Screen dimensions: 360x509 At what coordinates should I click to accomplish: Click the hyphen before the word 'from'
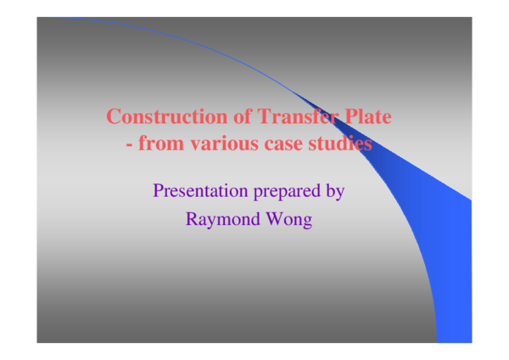(129, 144)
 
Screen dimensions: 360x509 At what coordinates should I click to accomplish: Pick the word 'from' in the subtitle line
(160, 143)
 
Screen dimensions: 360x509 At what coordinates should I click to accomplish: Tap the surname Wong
(289, 219)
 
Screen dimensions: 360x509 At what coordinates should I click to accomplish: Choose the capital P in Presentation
(158, 190)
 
